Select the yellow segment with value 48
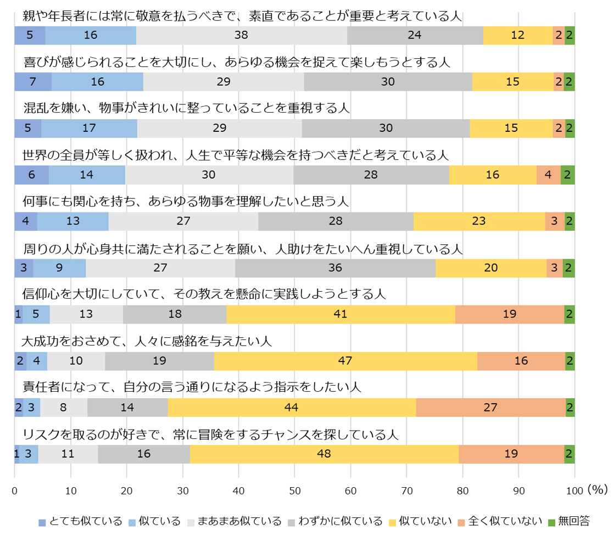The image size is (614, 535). (324, 454)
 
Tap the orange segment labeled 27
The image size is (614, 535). (490, 408)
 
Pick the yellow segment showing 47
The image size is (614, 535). (345, 361)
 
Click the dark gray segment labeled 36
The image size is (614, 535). (335, 268)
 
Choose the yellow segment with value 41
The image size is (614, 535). (341, 314)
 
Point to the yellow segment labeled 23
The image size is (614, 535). (479, 221)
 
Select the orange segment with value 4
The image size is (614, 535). (548, 175)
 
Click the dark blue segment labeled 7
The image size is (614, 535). (33, 82)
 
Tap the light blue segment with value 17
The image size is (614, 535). (89, 128)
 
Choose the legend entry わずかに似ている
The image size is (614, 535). (338, 521)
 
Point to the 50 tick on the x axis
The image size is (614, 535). (294, 489)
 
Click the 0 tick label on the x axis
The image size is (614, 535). (15, 489)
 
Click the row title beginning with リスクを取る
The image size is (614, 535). (210, 434)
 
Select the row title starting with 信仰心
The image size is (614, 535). (204, 294)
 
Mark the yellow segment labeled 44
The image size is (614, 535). (292, 408)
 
